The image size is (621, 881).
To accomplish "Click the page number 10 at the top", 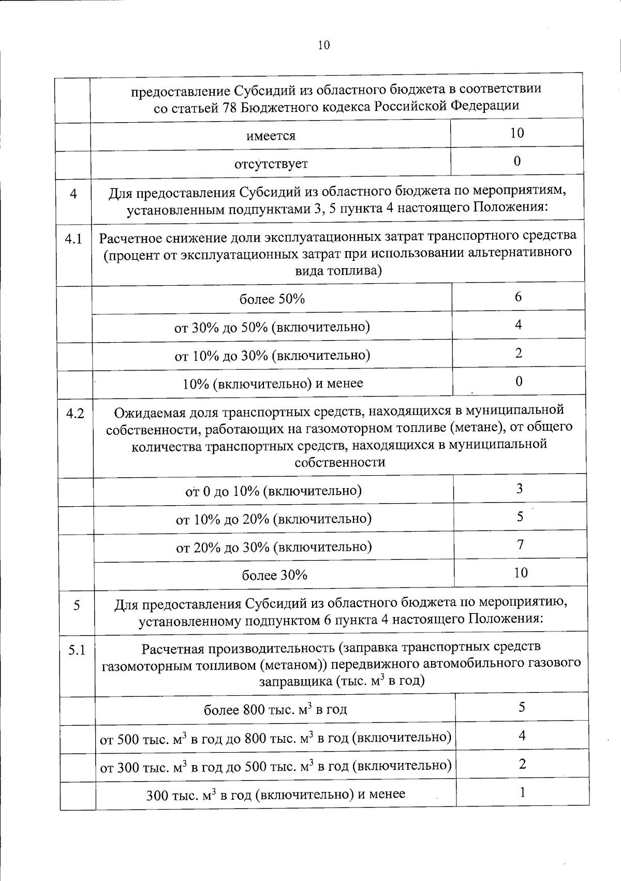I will point(323,45).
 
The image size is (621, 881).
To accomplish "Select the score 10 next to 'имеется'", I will point(517,133).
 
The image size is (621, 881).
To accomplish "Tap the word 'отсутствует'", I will point(271,164).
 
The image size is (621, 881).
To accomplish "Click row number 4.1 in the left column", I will point(73,240).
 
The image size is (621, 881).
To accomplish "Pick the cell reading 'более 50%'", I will point(272,299).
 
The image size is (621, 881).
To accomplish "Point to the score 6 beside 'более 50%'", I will point(518,297).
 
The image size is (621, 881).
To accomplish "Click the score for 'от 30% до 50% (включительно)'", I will point(519,325).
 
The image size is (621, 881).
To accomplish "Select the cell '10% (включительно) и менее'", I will point(273,384).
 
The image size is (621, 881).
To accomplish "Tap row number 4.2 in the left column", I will point(75,414).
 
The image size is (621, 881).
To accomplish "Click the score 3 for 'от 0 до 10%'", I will point(520,489).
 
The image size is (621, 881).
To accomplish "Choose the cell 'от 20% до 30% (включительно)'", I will point(274,547).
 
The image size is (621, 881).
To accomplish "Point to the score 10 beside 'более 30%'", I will point(521,572).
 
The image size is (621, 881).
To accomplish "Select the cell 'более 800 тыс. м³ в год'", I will point(275,709).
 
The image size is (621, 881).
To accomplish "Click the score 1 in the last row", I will point(523,792).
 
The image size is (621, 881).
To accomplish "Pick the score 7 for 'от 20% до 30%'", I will point(521,545).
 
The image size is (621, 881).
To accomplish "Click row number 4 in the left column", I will point(73,194).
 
